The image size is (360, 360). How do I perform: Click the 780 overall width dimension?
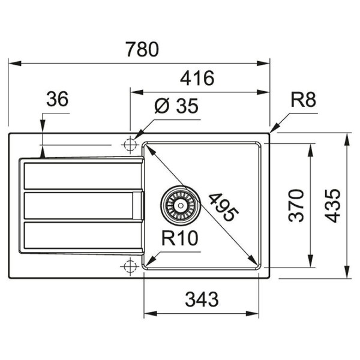tap(142, 49)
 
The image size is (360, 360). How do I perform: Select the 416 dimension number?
tap(197, 79)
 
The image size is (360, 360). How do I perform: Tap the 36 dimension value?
tap(58, 99)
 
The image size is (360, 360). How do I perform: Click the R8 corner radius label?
tap(303, 100)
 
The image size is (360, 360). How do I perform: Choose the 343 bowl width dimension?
tap(201, 298)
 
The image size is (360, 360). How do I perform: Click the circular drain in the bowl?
tap(179, 205)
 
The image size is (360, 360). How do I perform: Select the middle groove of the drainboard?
tap(78, 205)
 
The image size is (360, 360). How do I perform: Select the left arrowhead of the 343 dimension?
tap(148, 313)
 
